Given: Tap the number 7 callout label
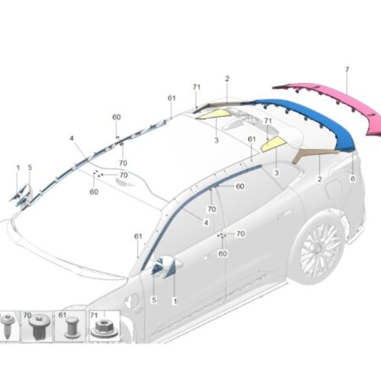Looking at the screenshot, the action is click(x=347, y=69).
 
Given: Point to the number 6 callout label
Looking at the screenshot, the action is click(x=353, y=179).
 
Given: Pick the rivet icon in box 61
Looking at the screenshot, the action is click(x=71, y=328).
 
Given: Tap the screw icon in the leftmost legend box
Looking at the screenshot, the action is click(x=7, y=327).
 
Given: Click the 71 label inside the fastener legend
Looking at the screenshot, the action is click(x=94, y=315).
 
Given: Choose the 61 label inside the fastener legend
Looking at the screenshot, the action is click(x=62, y=315).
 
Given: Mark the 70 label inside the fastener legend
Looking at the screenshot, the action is click(x=27, y=315).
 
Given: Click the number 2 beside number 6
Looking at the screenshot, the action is click(x=320, y=179).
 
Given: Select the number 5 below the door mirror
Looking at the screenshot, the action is click(x=154, y=300).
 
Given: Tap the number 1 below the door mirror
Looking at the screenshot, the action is click(x=175, y=301).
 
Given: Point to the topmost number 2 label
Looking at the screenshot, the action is click(x=227, y=79).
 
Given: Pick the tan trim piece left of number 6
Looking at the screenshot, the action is click(x=312, y=154).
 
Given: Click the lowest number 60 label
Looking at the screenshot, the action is click(x=223, y=254).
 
